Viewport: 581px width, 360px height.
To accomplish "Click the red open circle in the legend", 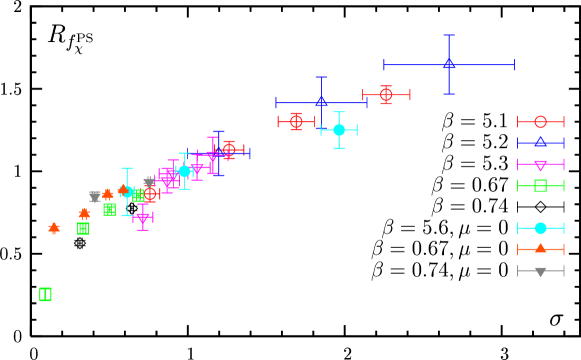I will pyautogui.click(x=540, y=122).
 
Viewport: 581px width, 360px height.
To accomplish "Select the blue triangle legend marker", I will pyautogui.click(x=540, y=143).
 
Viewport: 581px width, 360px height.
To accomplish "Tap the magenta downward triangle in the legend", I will pyautogui.click(x=540, y=165).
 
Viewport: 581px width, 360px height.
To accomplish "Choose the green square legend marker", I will pyautogui.click(x=540, y=185).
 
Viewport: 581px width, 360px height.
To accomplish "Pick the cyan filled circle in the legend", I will pyautogui.click(x=540, y=228).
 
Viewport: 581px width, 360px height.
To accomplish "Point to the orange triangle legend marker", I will pyautogui.click(x=540, y=249).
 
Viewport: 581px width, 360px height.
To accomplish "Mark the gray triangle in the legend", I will pyautogui.click(x=540, y=271).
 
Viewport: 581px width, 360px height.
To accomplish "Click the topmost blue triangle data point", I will pyautogui.click(x=449, y=64).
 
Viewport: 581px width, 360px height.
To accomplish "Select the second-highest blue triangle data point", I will pyautogui.click(x=321, y=102).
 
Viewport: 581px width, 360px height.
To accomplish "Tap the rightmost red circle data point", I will pyautogui.click(x=386, y=95).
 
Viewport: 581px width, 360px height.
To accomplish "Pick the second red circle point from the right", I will pyautogui.click(x=296, y=122).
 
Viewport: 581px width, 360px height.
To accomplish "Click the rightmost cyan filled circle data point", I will pyautogui.click(x=339, y=130).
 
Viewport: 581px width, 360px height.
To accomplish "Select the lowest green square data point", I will pyautogui.click(x=45, y=294).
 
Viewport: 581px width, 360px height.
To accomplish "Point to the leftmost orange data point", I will pyautogui.click(x=54, y=228).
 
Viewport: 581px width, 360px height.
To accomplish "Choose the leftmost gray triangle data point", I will pyautogui.click(x=95, y=196).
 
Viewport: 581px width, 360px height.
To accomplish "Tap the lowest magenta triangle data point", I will pyautogui.click(x=143, y=217).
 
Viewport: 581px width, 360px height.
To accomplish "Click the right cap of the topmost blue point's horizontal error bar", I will pyautogui.click(x=514, y=64).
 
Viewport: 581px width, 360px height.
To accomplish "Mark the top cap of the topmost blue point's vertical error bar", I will pyautogui.click(x=449, y=35).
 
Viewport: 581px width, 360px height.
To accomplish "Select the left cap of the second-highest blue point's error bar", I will pyautogui.click(x=276, y=102).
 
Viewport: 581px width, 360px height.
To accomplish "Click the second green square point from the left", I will pyautogui.click(x=83, y=228).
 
